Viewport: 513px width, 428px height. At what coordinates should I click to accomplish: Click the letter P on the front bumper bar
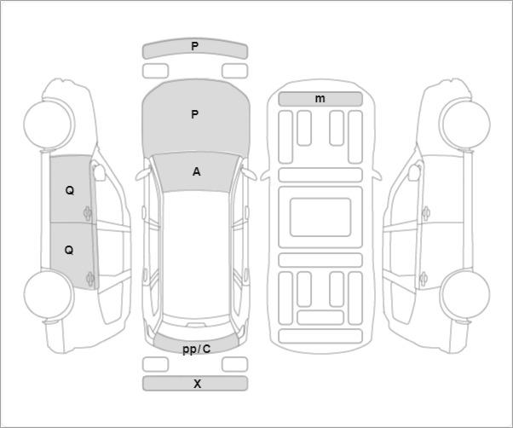click(194, 46)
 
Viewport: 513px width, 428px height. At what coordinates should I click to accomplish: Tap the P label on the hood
click(194, 114)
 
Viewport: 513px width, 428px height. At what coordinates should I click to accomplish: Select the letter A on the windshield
click(196, 171)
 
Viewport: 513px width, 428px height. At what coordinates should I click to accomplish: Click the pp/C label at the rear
click(196, 350)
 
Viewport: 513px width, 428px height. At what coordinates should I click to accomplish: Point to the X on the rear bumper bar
click(197, 384)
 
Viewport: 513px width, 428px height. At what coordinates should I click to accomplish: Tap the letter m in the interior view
click(320, 99)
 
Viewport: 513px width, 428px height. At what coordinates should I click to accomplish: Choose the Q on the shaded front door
click(70, 190)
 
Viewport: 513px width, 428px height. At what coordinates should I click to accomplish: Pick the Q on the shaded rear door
click(69, 251)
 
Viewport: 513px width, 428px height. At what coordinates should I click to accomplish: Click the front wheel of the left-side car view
click(49, 124)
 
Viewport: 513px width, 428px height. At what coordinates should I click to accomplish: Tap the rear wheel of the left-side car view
click(49, 294)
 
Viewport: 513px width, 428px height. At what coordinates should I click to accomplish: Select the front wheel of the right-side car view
click(465, 124)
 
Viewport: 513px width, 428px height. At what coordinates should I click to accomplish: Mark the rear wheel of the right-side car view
click(465, 294)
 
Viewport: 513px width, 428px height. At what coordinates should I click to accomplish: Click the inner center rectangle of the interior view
click(320, 217)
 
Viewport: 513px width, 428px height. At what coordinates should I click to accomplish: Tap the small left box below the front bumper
click(155, 71)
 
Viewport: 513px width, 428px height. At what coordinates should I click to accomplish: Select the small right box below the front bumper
click(234, 71)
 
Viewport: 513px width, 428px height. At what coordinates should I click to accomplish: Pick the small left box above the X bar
click(155, 365)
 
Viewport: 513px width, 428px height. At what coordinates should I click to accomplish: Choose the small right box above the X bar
click(234, 365)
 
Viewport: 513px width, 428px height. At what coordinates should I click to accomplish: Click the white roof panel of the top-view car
click(196, 255)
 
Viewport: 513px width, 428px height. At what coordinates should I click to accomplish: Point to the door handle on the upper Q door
click(88, 213)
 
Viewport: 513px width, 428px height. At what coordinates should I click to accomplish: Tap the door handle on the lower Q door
click(89, 279)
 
